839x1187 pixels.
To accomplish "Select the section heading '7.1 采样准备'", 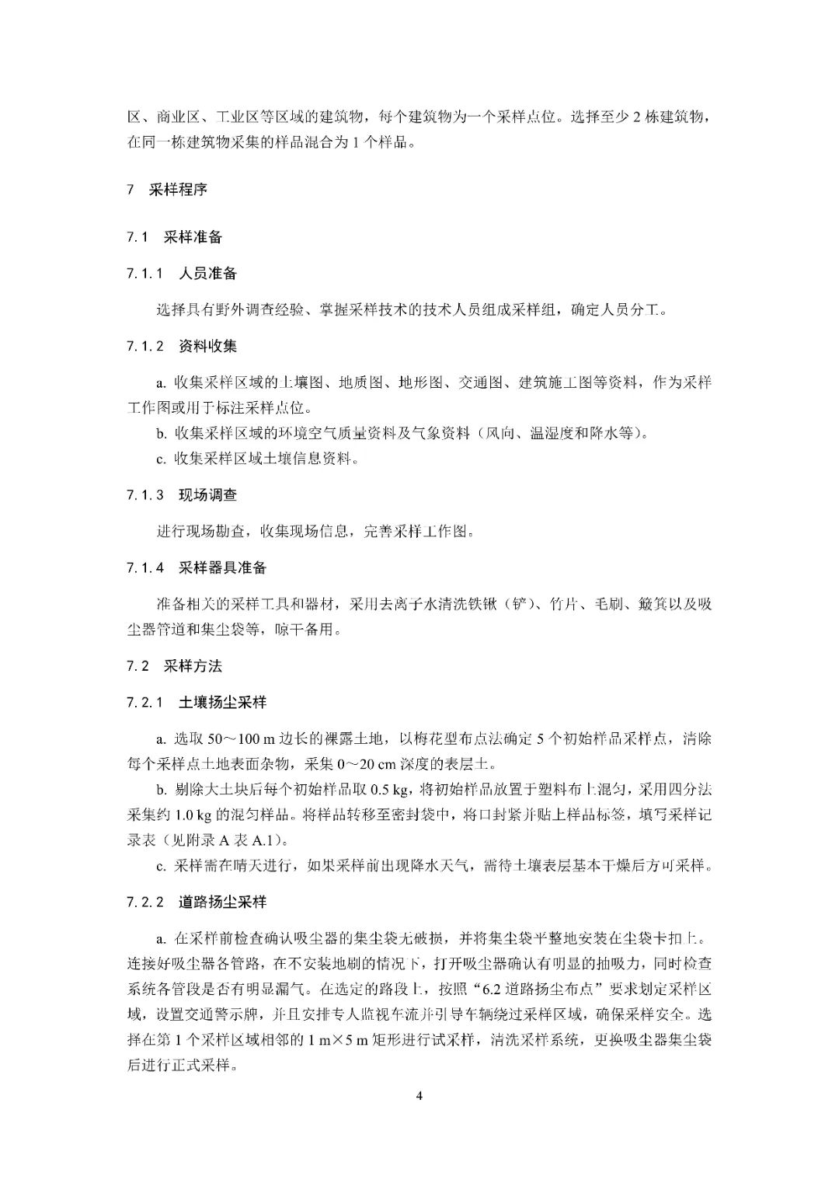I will [x=174, y=237].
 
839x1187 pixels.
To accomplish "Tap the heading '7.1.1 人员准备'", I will [x=182, y=274].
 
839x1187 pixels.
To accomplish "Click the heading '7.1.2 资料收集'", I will [x=182, y=346].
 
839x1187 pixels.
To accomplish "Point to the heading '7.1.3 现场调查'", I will [x=182, y=495].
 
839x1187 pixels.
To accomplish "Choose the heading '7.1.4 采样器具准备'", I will [x=197, y=567].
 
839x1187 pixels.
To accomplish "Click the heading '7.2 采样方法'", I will [x=174, y=666].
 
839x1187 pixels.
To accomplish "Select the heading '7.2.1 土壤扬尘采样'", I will [x=197, y=703].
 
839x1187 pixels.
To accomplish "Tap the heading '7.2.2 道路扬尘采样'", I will [x=197, y=902].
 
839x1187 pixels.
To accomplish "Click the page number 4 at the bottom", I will [x=419, y=1096].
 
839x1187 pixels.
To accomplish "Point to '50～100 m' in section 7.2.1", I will [x=229, y=739].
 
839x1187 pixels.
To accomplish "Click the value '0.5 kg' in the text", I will [x=389, y=791].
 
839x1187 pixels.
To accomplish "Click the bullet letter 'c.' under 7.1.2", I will [x=161, y=459].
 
